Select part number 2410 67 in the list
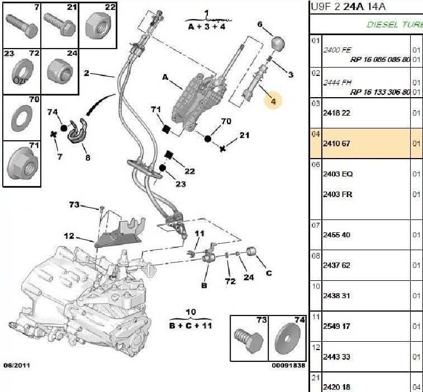pos(336,144)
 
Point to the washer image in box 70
pos(21,118)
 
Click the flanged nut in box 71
pos(21,162)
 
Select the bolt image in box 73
pos(248,340)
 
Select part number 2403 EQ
pos(338,174)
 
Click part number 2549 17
pos(336,326)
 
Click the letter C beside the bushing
pos(269,273)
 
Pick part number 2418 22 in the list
pos(336,113)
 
